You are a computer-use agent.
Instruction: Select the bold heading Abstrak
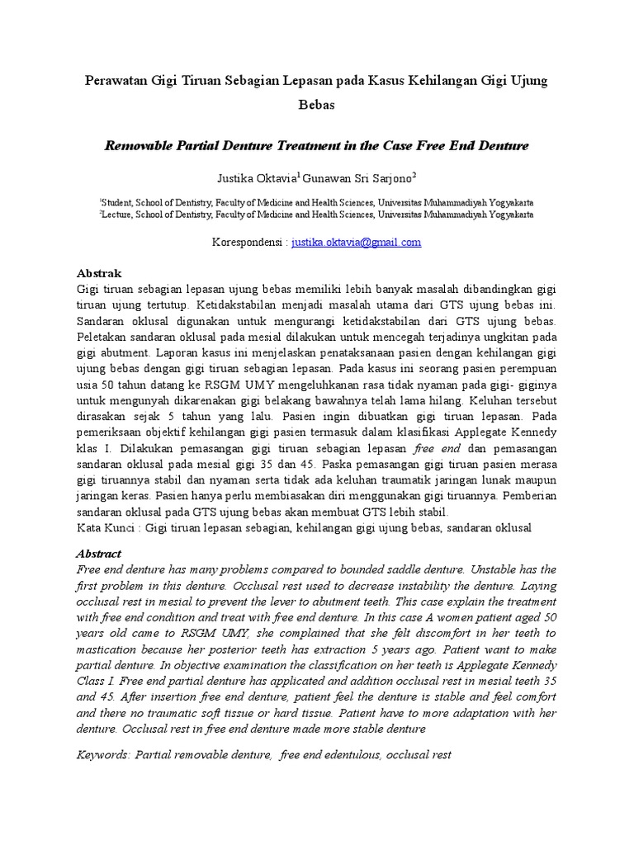[99, 273]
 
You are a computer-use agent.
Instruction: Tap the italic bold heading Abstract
[99, 554]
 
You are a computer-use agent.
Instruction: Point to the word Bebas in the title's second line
[317, 106]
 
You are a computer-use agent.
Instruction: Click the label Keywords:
[103, 755]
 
